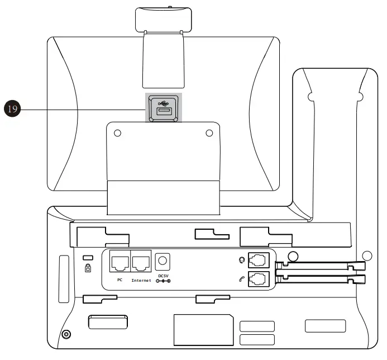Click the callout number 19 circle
[12, 108]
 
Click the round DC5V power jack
[163, 260]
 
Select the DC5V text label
[163, 275]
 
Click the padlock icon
[88, 268]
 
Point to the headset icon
[241, 260]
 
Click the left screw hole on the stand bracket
[117, 134]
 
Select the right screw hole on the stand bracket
[209, 134]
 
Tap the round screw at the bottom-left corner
[66, 334]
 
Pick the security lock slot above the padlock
[87, 257]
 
